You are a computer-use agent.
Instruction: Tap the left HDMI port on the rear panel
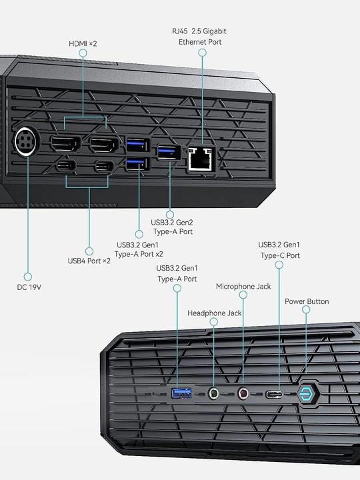click(x=66, y=143)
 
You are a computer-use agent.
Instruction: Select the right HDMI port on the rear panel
click(x=104, y=143)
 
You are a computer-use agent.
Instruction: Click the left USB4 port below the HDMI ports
click(x=67, y=167)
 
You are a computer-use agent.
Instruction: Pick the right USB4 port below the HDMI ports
click(x=104, y=167)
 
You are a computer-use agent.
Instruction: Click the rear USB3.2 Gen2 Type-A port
click(x=168, y=153)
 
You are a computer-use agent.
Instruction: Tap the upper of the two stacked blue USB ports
click(x=137, y=143)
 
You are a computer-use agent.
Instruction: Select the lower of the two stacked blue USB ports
click(x=137, y=164)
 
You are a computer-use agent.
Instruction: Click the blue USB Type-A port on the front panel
click(x=182, y=394)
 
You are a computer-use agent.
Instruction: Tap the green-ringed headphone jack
click(x=214, y=394)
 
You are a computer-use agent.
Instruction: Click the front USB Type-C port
click(x=275, y=394)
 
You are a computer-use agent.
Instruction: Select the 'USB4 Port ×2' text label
click(x=89, y=261)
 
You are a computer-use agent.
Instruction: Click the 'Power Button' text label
click(x=307, y=301)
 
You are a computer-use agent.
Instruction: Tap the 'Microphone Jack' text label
click(x=243, y=286)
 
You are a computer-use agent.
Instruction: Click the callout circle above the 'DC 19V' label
click(x=28, y=276)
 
